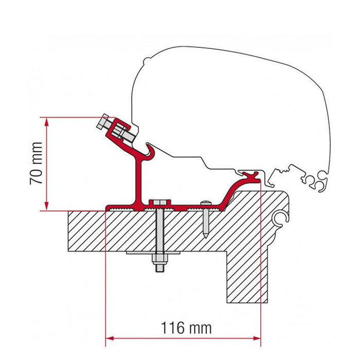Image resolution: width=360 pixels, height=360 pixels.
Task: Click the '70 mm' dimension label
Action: coord(35,163)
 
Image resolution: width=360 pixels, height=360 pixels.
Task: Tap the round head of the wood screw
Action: coord(206,203)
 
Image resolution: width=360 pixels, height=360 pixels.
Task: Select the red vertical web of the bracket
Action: coord(137,180)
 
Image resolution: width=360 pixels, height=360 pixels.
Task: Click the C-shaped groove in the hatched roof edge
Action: coord(280,219)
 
